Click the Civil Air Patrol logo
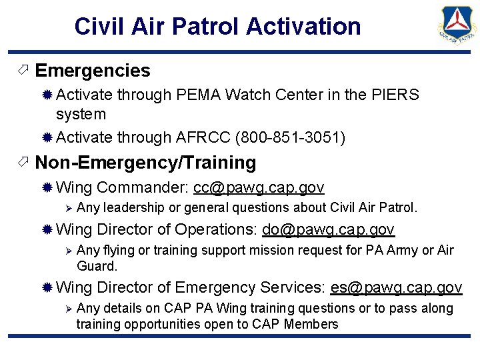tap(457, 30)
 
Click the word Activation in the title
tap(303, 27)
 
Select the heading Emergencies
tap(93, 71)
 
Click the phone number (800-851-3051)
tap(289, 138)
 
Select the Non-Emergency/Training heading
tap(145, 163)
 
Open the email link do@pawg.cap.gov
tap(328, 230)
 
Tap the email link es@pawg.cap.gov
tap(396, 288)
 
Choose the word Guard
tap(97, 266)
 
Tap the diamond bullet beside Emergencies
tap(22, 71)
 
